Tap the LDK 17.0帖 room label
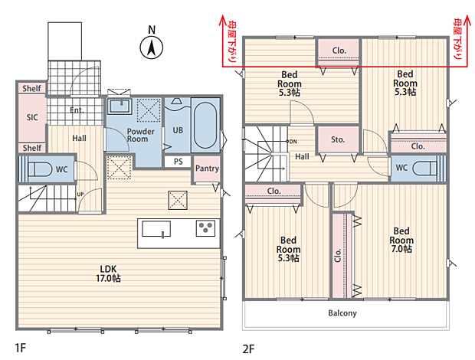pos(108,273)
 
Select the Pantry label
pos(207,169)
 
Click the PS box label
pos(178,162)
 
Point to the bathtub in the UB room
pos(205,125)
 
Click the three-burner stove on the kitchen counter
pos(205,228)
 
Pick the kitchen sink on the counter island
pos(156,229)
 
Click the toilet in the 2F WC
pos(424,169)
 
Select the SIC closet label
pos(32,117)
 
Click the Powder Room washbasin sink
pos(120,106)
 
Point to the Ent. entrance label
pos(77,110)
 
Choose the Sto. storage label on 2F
pos(338,139)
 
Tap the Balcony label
pos(342,313)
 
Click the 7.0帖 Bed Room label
pos(401,240)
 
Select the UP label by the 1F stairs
pos(80,194)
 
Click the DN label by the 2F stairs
pos(293,142)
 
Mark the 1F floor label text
pos(21,348)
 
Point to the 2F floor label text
pos(248,349)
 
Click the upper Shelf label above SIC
pos(32,88)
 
